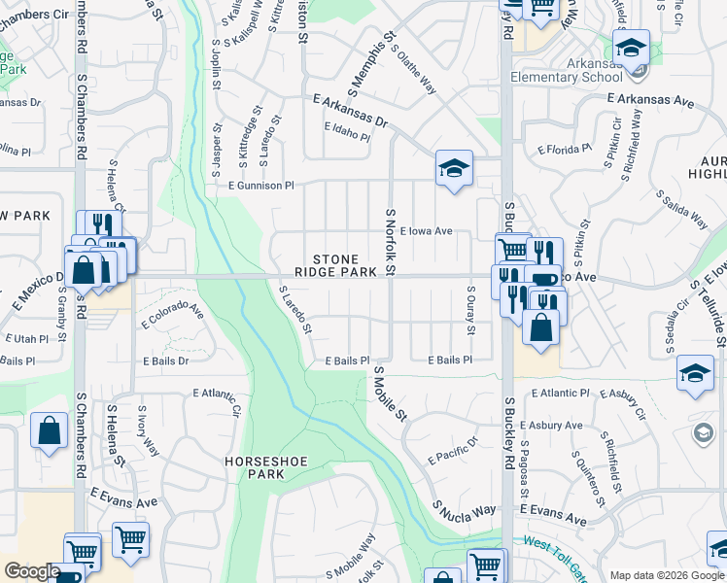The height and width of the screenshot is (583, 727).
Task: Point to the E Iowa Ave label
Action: coord(426,231)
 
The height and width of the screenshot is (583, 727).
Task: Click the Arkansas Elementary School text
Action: coord(581,71)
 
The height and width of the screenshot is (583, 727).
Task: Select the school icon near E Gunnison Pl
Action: coord(454,169)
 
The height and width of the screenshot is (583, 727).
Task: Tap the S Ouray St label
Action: coord(470,309)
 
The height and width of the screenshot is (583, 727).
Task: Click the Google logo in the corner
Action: coord(32,571)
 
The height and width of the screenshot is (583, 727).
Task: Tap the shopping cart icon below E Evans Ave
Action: coord(130,539)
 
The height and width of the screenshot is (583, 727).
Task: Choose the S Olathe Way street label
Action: coord(413,67)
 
